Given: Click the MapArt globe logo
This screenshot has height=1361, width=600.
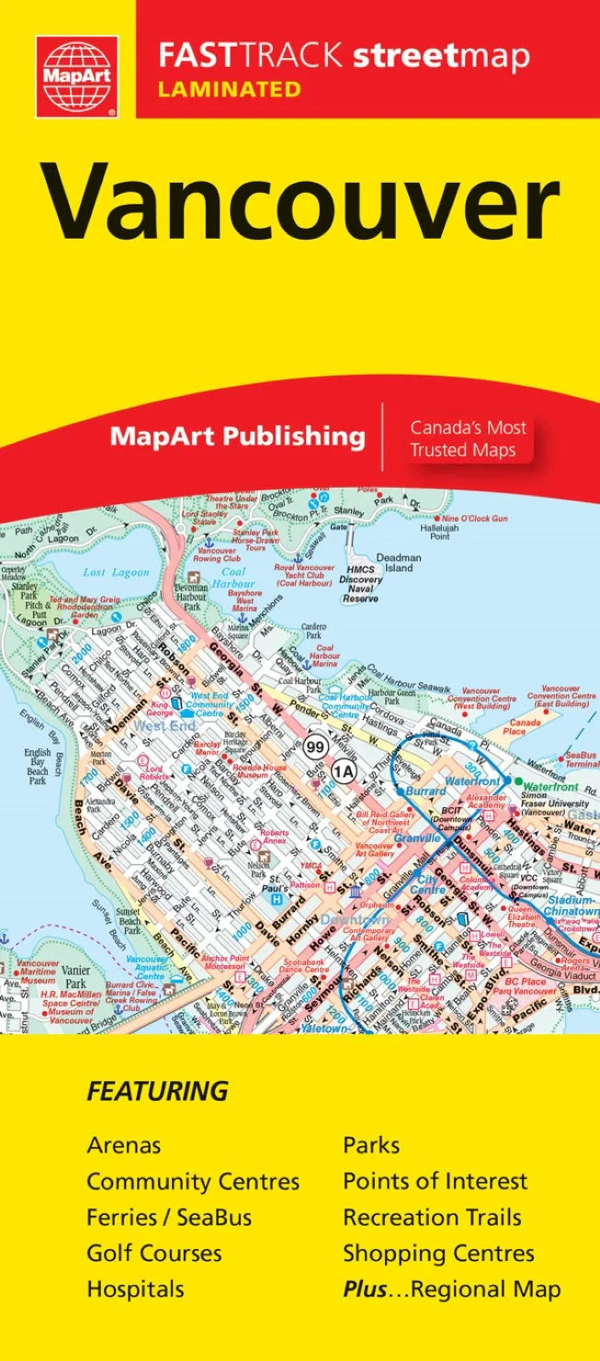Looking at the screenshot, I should click(x=76, y=76).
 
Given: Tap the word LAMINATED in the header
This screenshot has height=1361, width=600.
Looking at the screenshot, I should click(x=230, y=89).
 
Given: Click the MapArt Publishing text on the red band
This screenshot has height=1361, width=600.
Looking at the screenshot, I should click(x=237, y=435).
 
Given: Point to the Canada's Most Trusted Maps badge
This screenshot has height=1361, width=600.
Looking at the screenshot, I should click(x=468, y=438).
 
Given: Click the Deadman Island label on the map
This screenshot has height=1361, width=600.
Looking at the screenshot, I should click(x=398, y=562).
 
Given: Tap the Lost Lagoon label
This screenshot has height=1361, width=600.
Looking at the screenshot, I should click(x=116, y=572).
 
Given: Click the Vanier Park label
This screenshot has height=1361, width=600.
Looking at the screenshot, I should click(x=75, y=977).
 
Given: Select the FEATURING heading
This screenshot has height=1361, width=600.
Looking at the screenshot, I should click(x=157, y=1092).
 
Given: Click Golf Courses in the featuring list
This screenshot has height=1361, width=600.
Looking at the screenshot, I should click(x=154, y=1254).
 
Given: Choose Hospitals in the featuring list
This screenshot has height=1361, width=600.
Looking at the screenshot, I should click(x=135, y=1289).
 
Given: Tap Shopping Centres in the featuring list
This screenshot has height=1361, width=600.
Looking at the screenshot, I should click(x=438, y=1254).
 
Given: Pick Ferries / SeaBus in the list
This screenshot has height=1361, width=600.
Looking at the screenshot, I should click(x=169, y=1218).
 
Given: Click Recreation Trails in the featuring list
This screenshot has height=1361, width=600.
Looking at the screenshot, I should click(x=432, y=1218).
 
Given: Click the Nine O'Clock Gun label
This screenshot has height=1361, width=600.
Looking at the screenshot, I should click(x=474, y=519).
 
